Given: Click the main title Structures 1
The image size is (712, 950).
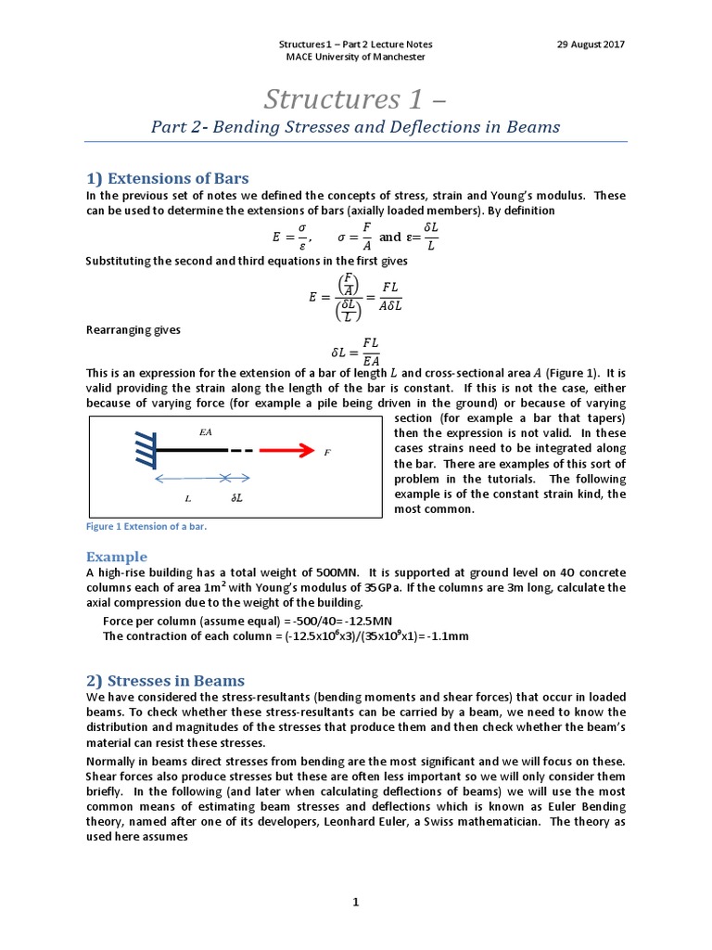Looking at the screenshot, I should point(355,98).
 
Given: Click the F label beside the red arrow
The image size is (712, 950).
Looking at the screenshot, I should point(326,453).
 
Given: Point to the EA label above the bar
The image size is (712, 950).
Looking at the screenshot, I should point(206,432).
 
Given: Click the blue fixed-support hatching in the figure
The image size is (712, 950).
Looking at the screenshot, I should point(143,451).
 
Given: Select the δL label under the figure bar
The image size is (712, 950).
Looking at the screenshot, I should point(236,498).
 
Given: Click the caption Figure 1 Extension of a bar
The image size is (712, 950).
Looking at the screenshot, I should point(146,527).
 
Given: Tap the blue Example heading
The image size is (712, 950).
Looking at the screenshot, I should point(117,557).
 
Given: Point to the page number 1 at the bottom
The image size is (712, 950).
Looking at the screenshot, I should point(355,901).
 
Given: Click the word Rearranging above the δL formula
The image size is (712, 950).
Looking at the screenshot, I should point(126,329).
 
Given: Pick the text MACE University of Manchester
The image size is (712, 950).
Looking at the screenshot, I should point(355,58).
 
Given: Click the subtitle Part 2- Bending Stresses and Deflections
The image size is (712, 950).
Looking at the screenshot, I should point(355,127).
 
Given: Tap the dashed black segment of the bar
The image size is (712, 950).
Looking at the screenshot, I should point(240,451).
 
